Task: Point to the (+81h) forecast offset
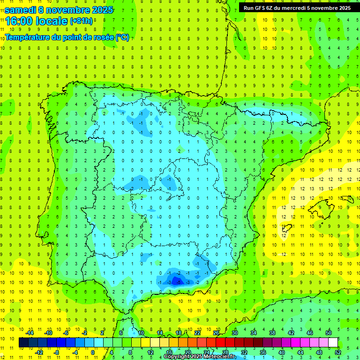pyautogui.click(x=82, y=21)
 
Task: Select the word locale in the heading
pyautogui.click(x=53, y=21)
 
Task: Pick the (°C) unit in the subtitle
pyautogui.click(x=122, y=37)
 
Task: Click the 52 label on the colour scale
pyautogui.click(x=337, y=352)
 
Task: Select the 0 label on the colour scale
pyautogui.click(x=93, y=352)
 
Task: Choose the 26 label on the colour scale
pyautogui.click(x=216, y=333)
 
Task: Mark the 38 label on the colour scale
pyautogui.click(x=272, y=333)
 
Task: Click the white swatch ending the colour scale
pyautogui.click(x=333, y=343)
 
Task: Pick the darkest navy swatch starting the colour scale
pyautogui.click(x=23, y=343)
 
